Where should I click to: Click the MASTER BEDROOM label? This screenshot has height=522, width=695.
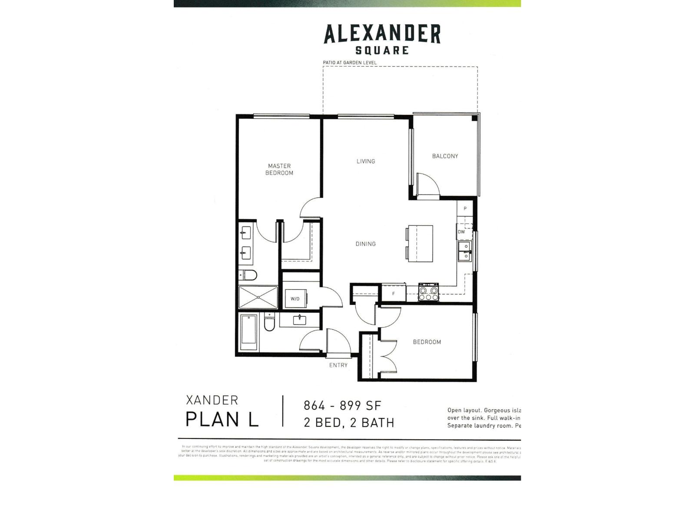[279, 169]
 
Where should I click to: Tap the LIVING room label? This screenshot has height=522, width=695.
[365, 161]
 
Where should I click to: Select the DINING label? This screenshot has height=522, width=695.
[365, 244]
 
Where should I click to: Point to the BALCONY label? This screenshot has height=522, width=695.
[445, 156]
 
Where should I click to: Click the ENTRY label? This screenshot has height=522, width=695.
[338, 365]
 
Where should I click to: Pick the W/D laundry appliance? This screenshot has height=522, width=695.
[295, 298]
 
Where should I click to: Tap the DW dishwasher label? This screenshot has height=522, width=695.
[461, 232]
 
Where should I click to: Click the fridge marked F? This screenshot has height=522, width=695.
[394, 294]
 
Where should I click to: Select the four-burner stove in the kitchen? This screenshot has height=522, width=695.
[428, 292]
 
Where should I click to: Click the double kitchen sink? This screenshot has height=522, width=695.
[465, 251]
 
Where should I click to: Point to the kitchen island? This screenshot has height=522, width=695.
[420, 243]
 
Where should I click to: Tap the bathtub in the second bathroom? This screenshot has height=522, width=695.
[249, 333]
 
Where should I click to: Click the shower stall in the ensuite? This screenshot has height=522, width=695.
[258, 297]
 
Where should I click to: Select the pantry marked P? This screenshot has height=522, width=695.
[465, 209]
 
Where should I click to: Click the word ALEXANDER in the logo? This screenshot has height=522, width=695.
[382, 34]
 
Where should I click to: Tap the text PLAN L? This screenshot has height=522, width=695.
[222, 419]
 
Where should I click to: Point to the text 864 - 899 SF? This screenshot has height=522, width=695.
[342, 405]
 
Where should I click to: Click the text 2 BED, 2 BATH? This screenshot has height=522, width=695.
[349, 422]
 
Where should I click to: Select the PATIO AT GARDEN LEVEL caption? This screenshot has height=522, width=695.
[349, 63]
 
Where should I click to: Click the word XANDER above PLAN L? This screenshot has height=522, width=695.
[212, 400]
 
